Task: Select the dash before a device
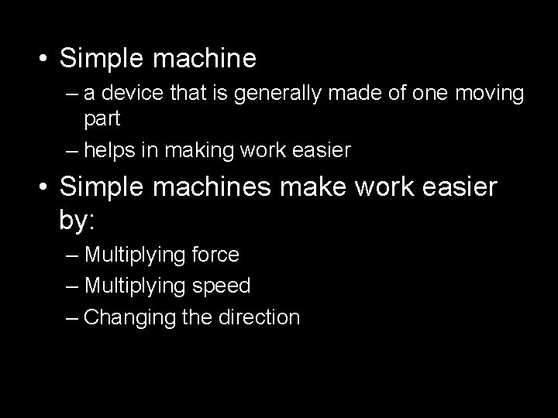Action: click(72, 94)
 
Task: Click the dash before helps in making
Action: click(72, 151)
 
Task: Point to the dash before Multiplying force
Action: click(72, 255)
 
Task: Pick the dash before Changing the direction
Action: click(72, 317)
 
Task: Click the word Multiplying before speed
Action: click(132, 286)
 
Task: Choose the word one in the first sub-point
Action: click(415, 94)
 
